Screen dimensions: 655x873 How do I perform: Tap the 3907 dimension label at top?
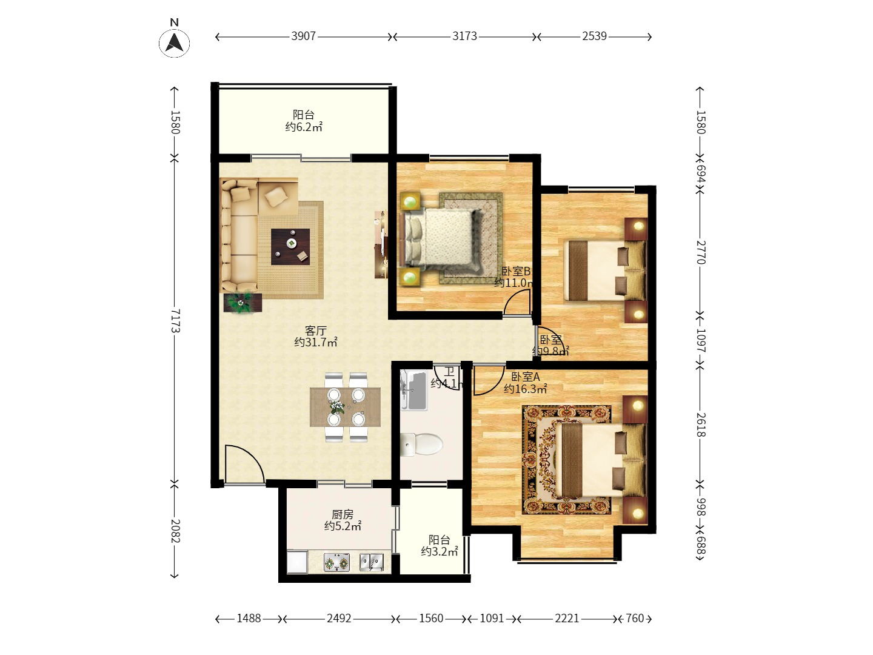click(303, 36)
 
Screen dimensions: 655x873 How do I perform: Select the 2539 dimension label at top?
click(594, 36)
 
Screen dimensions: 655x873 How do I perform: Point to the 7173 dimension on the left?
click(175, 320)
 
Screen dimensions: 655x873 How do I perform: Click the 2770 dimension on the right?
click(700, 252)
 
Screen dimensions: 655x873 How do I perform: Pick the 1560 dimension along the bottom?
click(431, 618)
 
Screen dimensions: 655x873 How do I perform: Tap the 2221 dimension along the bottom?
click(567, 618)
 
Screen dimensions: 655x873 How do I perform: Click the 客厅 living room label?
click(315, 331)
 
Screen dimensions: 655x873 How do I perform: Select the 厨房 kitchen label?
click(343, 514)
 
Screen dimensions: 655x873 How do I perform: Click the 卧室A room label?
click(525, 377)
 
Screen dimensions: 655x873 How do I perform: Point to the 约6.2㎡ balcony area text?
click(304, 127)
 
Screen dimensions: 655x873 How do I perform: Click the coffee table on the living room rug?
click(290, 246)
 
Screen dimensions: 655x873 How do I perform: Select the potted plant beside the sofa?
click(242, 302)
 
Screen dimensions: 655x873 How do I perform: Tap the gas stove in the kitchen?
click(337, 563)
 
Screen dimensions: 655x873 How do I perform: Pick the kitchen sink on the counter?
click(372, 562)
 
